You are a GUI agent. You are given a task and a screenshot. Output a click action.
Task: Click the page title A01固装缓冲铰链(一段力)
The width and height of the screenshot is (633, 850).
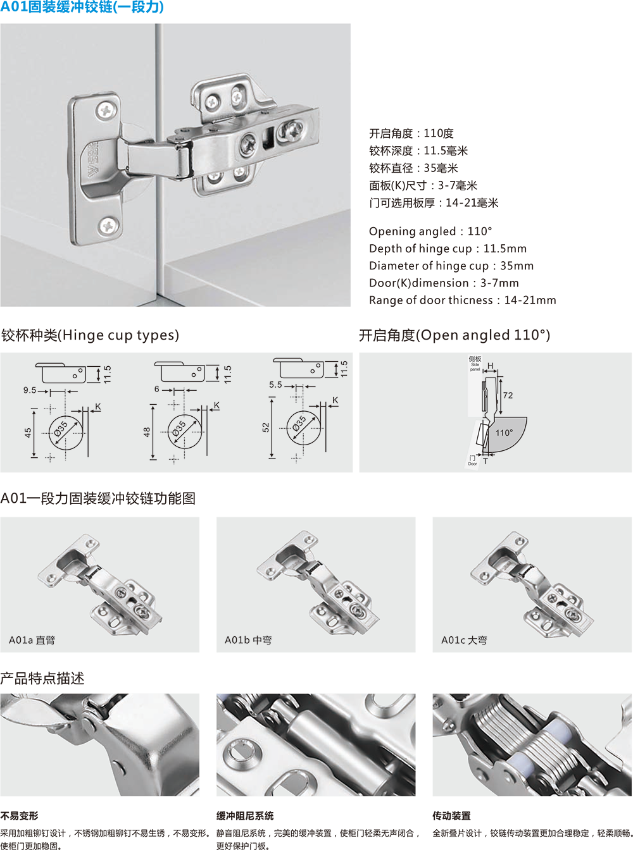click(x=82, y=7)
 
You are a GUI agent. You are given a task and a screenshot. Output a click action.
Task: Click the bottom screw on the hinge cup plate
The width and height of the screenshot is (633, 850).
click(x=109, y=225)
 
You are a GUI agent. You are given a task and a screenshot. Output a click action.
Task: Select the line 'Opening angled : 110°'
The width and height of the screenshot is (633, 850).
click(x=430, y=231)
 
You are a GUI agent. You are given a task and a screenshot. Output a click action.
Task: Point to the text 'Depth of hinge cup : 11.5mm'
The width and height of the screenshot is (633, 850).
click(x=448, y=249)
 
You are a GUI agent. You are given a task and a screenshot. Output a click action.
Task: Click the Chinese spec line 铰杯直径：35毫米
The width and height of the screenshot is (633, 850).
click(x=413, y=168)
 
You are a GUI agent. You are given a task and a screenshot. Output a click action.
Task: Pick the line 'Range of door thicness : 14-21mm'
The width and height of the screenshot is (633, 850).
click(x=462, y=300)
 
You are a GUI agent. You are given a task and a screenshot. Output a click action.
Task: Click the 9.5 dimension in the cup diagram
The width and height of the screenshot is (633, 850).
click(x=30, y=390)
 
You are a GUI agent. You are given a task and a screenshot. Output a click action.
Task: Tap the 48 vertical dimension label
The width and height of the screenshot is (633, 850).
click(x=147, y=433)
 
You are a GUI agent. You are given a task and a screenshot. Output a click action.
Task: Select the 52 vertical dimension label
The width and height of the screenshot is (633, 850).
click(x=265, y=428)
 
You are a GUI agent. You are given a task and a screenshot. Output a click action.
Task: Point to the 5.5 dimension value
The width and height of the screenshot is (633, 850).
click(x=275, y=385)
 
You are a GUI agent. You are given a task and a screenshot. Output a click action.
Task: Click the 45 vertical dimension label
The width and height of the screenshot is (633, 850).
click(x=28, y=433)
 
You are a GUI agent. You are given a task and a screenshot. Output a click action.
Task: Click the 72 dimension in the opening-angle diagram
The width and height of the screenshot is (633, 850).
click(x=508, y=395)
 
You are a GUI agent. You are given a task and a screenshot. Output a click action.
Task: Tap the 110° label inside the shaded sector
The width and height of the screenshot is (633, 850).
click(x=504, y=433)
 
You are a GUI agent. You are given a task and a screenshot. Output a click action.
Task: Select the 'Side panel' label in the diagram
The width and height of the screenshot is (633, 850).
click(x=475, y=367)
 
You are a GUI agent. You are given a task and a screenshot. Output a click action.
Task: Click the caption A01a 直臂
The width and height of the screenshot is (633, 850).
click(x=32, y=640)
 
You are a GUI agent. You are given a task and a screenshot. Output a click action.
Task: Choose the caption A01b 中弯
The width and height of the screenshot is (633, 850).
click(x=248, y=640)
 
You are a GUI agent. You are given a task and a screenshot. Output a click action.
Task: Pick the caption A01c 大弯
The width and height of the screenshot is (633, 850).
click(x=464, y=640)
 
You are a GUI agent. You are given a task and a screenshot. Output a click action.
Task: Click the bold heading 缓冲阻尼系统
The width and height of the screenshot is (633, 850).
click(x=245, y=816)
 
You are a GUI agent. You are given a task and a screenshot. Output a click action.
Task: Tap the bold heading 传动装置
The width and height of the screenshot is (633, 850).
click(x=451, y=816)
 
